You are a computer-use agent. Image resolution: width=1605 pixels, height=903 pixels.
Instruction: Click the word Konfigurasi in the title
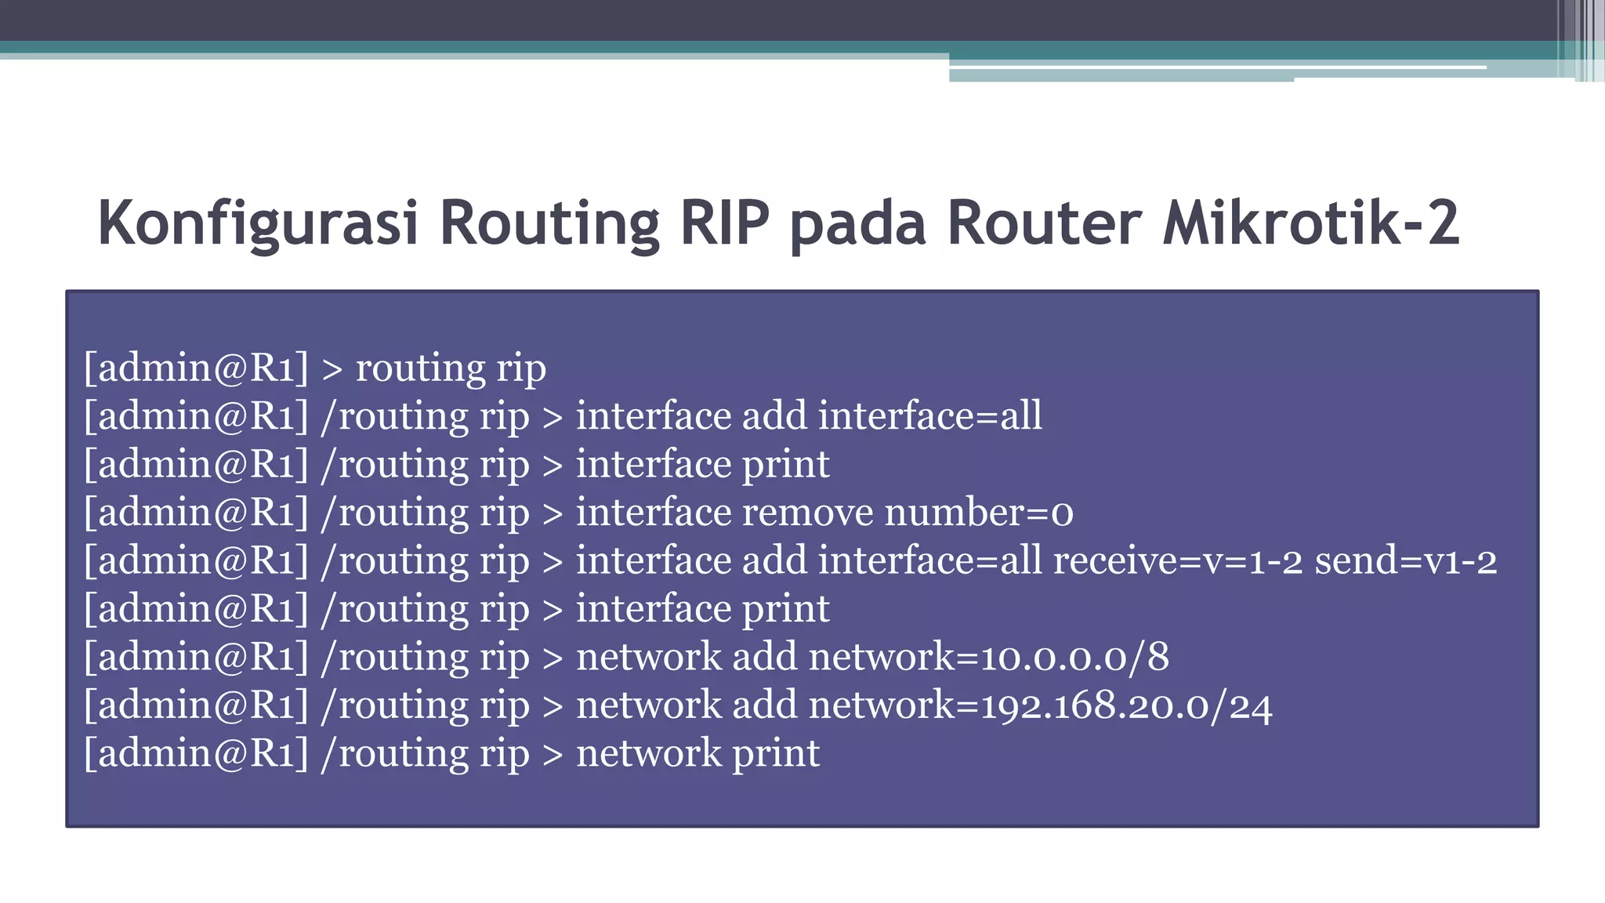[x=258, y=223]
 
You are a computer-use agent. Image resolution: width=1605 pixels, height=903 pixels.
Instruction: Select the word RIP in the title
[x=725, y=223]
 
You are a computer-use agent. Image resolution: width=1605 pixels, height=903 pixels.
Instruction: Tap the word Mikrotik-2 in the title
[x=1310, y=223]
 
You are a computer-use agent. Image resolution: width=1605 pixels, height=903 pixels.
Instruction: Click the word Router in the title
[x=1043, y=223]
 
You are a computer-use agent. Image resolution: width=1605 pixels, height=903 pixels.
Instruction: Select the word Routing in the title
[x=549, y=223]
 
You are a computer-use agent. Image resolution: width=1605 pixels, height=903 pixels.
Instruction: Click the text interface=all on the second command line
[x=930, y=415]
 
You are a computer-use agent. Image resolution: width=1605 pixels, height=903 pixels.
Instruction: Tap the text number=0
[x=979, y=513]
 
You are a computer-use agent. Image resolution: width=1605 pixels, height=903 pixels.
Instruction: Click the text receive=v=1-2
[x=1177, y=561]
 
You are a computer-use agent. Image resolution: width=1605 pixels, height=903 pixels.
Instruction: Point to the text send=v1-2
[x=1405, y=561]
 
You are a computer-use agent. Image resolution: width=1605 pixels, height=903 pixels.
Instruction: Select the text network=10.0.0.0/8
[x=988, y=657]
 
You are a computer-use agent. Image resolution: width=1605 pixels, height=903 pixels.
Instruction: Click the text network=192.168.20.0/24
[x=1040, y=705]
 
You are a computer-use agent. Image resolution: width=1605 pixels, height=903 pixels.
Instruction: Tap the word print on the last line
[x=775, y=754]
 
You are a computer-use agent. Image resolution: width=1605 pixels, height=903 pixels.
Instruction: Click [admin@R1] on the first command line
[x=196, y=368]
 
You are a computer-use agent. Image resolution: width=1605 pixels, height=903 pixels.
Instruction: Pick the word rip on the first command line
[x=521, y=368]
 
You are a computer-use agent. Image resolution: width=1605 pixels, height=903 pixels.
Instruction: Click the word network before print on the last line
[x=648, y=754]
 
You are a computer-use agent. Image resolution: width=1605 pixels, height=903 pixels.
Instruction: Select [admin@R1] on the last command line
[x=196, y=754]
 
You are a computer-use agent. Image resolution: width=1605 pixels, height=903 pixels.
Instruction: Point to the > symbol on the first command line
[x=332, y=369]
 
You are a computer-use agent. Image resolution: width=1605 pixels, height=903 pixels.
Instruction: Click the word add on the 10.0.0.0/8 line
[x=765, y=657]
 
